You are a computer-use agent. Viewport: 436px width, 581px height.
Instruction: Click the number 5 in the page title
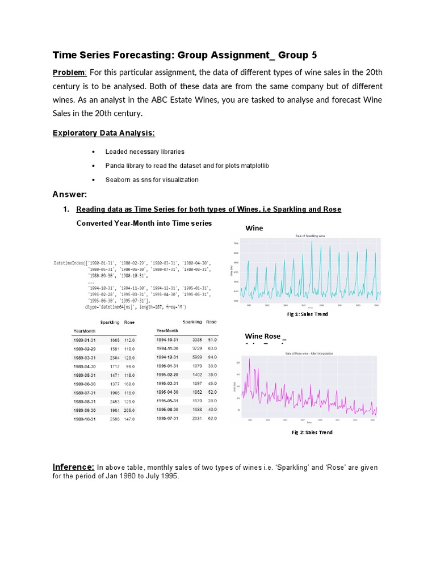pyautogui.click(x=314, y=55)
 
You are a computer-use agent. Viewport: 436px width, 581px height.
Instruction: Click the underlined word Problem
pyautogui.click(x=69, y=73)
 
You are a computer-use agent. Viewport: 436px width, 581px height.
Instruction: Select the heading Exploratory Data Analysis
pyautogui.click(x=103, y=133)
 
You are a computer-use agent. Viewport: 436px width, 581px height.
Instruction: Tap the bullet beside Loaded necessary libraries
pyautogui.click(x=93, y=152)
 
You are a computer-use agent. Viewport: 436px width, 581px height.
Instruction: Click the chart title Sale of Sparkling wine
pyautogui.click(x=310, y=235)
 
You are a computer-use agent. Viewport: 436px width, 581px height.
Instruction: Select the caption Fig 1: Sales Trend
pyautogui.click(x=309, y=314)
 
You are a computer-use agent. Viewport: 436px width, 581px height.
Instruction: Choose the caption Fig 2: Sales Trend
pyautogui.click(x=312, y=432)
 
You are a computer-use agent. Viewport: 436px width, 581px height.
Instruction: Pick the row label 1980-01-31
pyautogui.click(x=85, y=339)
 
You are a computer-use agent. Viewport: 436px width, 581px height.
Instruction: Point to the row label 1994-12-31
pyautogui.click(x=167, y=357)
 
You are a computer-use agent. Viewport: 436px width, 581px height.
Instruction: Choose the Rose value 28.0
pyautogui.click(x=211, y=400)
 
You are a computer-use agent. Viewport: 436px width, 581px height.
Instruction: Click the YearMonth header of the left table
pyautogui.click(x=85, y=330)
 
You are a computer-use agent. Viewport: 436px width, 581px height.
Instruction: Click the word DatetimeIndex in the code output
pyautogui.click(x=69, y=263)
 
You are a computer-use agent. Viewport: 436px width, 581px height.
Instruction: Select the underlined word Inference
pyautogui.click(x=73, y=467)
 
